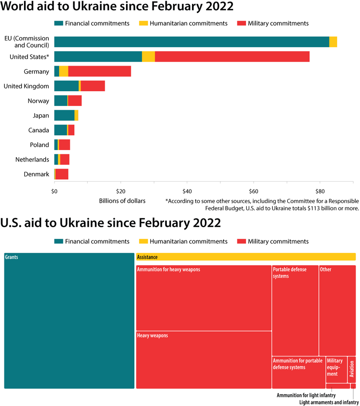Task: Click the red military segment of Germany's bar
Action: click(100, 71)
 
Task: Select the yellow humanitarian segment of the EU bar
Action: click(333, 42)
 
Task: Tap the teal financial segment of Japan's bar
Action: click(64, 116)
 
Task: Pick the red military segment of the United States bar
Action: click(232, 57)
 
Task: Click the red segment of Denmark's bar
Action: click(62, 174)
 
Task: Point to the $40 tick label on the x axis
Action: click(186, 191)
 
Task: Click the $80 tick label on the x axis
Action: click(320, 191)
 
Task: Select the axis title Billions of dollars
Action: click(122, 200)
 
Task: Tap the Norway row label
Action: click(38, 101)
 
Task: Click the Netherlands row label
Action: click(32, 160)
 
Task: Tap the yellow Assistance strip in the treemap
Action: click(246, 257)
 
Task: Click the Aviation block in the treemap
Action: click(352, 369)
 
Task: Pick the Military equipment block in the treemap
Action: click(336, 369)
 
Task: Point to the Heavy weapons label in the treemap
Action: click(152, 336)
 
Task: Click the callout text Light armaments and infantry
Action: click(329, 402)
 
